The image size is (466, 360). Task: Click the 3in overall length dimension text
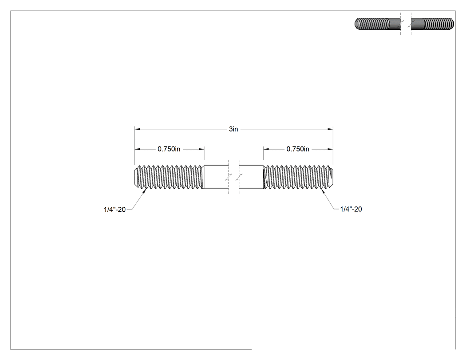(x=233, y=129)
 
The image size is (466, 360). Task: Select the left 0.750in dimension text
(x=169, y=149)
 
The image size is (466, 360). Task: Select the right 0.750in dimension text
(x=298, y=149)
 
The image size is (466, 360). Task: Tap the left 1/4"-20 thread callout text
(x=115, y=209)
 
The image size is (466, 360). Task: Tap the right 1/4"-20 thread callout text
(x=351, y=209)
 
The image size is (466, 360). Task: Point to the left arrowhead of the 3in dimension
(x=137, y=129)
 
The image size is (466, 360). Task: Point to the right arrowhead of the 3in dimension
(x=330, y=129)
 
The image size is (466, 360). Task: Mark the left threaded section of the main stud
(x=169, y=177)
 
